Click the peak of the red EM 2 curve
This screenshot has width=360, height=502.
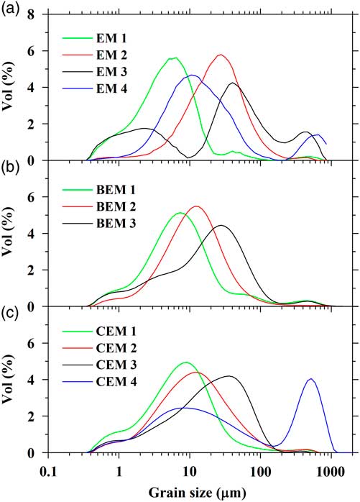coord(221,55)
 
